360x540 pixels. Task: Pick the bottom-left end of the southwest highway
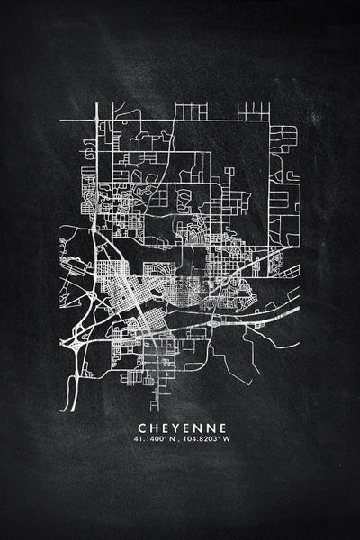[65, 409]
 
